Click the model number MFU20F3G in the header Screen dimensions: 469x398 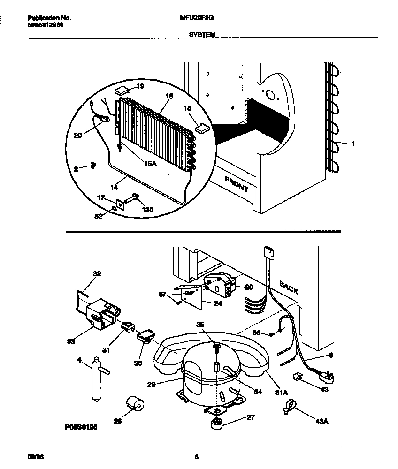[x=194, y=18]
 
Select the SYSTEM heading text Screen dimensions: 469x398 [x=202, y=35]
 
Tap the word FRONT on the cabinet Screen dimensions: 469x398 [x=236, y=184]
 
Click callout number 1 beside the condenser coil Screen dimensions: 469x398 [x=353, y=144]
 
